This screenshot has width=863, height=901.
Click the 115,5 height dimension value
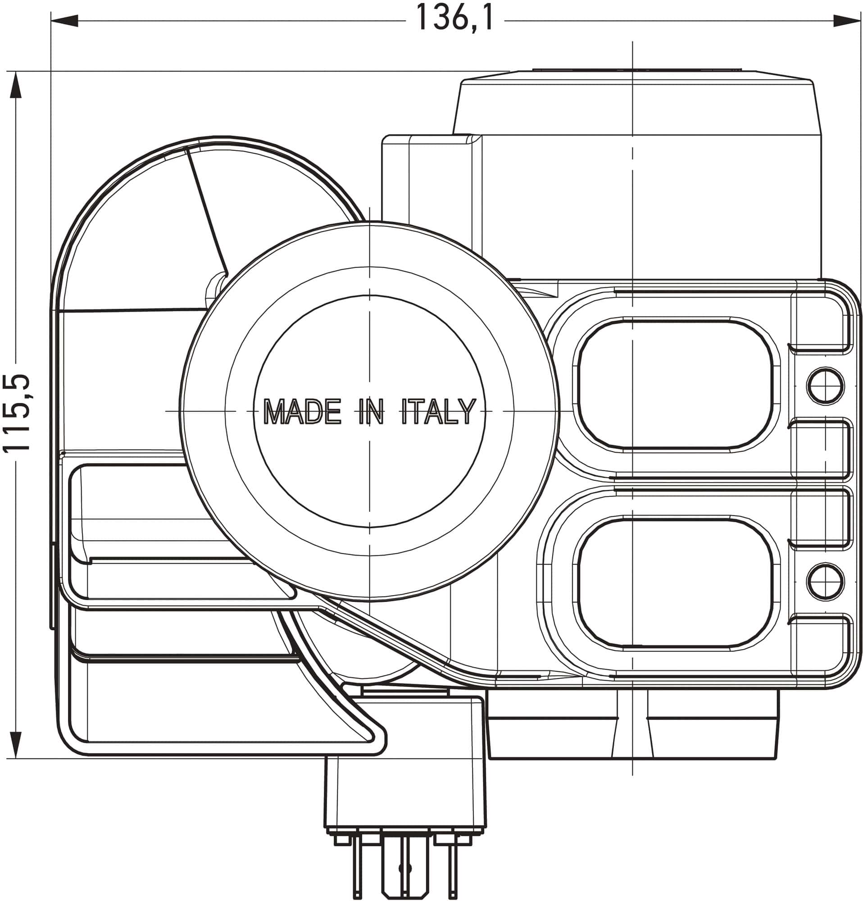(17, 413)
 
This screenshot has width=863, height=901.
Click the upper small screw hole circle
(825, 386)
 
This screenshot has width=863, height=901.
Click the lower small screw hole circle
(825, 582)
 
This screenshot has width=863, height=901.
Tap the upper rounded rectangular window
(676, 383)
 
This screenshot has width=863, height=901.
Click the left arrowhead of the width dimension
(64, 20)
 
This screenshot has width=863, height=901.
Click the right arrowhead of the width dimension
(847, 20)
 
